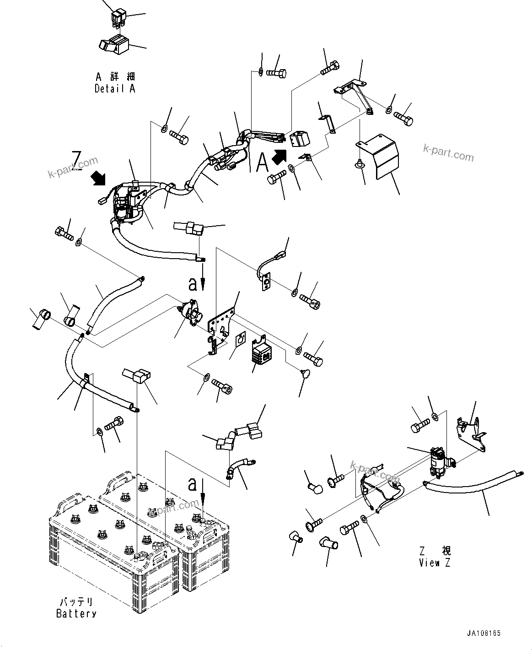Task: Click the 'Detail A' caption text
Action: click(x=114, y=89)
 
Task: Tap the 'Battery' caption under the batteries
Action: click(x=76, y=614)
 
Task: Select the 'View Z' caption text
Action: click(x=434, y=563)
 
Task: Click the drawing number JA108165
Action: click(x=484, y=634)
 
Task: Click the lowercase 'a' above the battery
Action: click(x=193, y=484)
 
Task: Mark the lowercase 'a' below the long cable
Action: click(x=193, y=284)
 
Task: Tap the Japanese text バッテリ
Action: click(x=76, y=601)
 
